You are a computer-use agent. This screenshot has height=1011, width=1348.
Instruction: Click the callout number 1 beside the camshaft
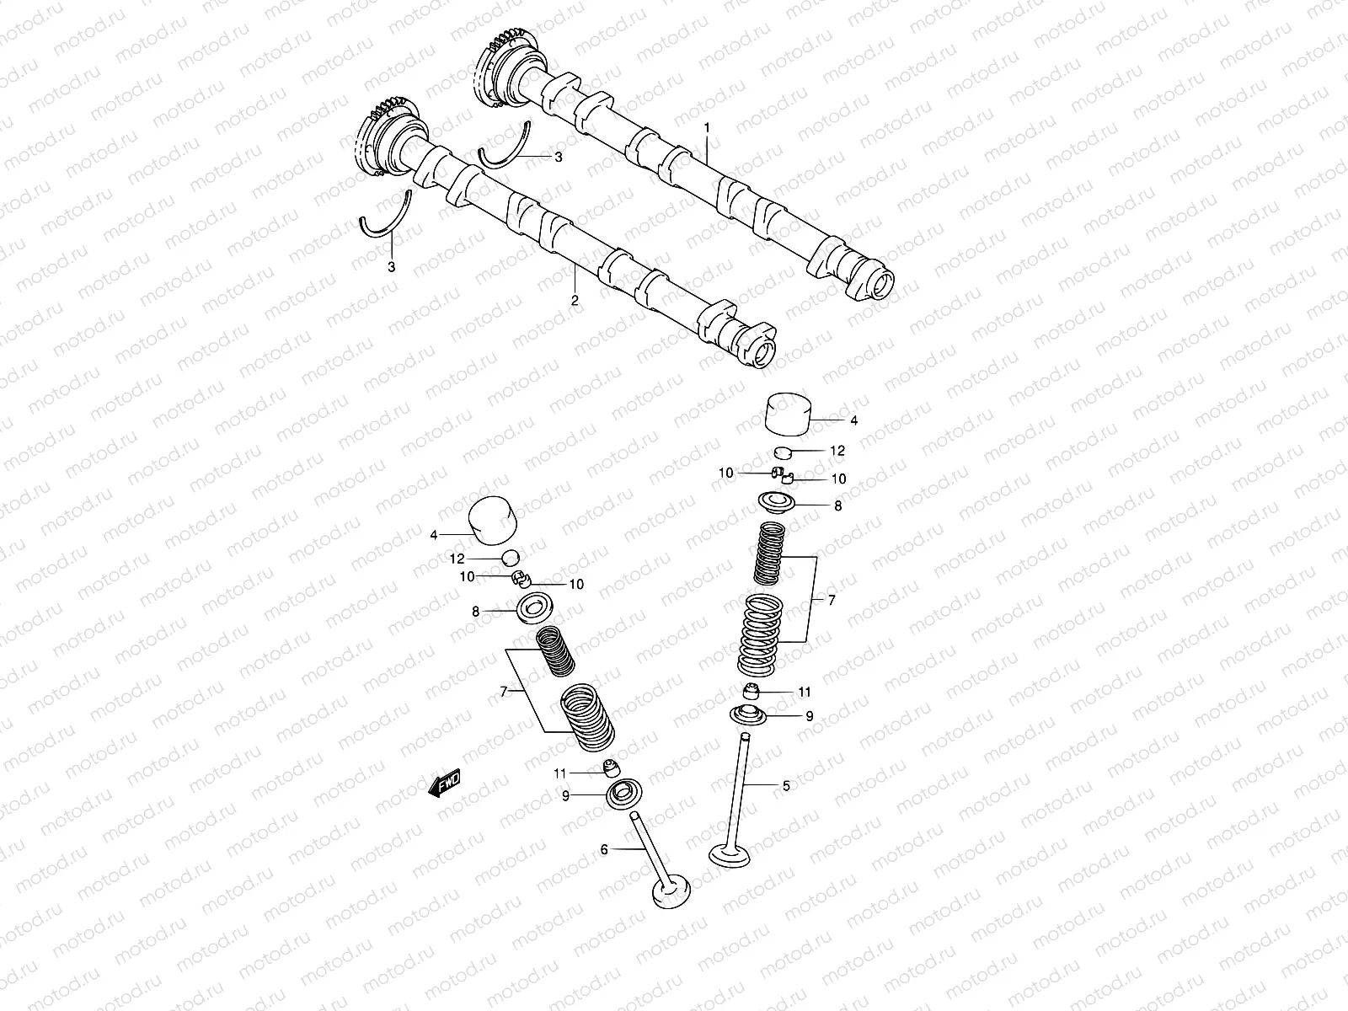point(707,127)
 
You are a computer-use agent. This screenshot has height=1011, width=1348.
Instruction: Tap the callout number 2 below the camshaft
point(575,300)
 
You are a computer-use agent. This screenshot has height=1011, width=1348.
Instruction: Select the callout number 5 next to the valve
point(786,786)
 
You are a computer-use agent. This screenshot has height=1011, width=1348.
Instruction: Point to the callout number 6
point(604,850)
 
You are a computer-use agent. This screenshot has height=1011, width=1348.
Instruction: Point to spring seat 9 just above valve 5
point(750,716)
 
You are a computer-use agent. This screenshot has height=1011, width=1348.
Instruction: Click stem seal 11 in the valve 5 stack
point(751,692)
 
